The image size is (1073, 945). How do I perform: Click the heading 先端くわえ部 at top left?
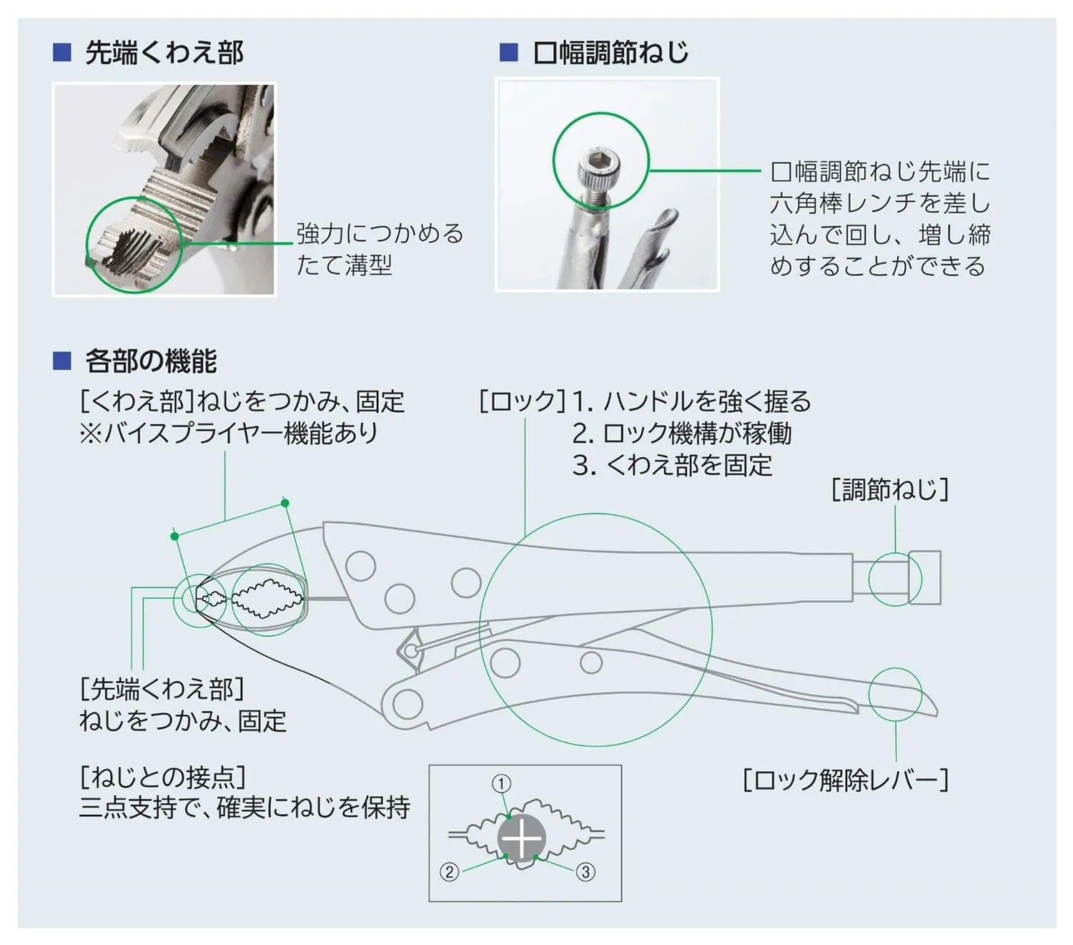[164, 53]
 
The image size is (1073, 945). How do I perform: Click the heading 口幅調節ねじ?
[610, 53]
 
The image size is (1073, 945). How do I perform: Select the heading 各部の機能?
[150, 361]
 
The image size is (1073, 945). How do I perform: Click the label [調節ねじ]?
[890, 490]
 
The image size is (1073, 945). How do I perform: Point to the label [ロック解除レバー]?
[846, 780]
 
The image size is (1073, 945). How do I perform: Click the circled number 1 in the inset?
[502, 784]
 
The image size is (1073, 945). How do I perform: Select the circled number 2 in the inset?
[449, 872]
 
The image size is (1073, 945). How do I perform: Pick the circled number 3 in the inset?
[585, 872]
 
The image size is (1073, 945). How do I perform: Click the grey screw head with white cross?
[523, 838]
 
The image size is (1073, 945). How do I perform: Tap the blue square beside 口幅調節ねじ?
[508, 52]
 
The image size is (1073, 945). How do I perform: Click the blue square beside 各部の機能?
[62, 361]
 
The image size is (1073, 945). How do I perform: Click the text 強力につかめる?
[380, 234]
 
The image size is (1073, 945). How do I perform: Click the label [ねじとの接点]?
[163, 777]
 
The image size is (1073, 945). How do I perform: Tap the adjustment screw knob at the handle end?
[925, 577]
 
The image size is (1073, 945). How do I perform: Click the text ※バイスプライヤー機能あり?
[229, 434]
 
